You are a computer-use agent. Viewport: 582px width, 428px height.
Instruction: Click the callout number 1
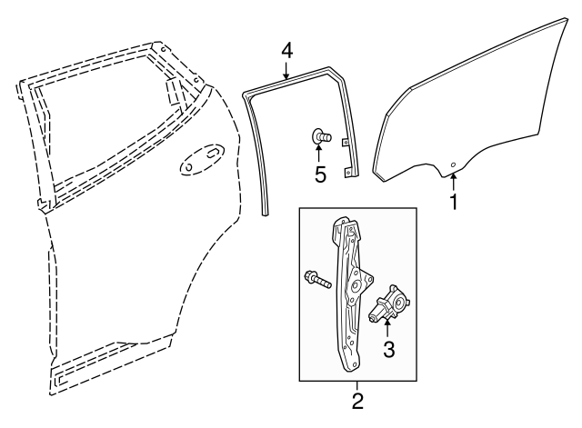coord(454,202)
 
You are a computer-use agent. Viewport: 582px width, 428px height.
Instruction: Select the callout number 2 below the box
coord(357,401)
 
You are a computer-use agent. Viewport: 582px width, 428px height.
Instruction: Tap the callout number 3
coord(388,350)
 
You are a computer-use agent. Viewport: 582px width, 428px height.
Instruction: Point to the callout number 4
coord(286,51)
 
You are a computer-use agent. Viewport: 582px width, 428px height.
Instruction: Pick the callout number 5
coord(320,174)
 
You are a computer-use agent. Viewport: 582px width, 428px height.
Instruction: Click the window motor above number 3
coord(389,304)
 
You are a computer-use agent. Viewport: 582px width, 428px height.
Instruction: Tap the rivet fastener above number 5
coord(321,136)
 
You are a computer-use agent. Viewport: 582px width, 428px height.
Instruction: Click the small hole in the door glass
coord(453,165)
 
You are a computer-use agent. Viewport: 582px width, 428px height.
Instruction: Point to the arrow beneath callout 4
coord(286,70)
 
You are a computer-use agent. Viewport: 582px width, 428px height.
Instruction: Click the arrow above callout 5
coord(318,154)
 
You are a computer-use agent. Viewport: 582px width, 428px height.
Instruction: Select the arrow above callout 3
coord(387,329)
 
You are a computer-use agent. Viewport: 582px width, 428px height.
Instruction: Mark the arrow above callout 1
coord(453,182)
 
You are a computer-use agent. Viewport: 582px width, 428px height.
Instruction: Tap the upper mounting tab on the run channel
coord(346,143)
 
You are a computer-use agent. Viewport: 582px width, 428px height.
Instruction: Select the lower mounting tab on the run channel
coord(348,172)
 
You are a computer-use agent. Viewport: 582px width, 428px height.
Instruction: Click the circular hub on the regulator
coord(356,284)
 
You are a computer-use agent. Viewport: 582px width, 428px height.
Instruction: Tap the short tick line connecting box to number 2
coord(357,386)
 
